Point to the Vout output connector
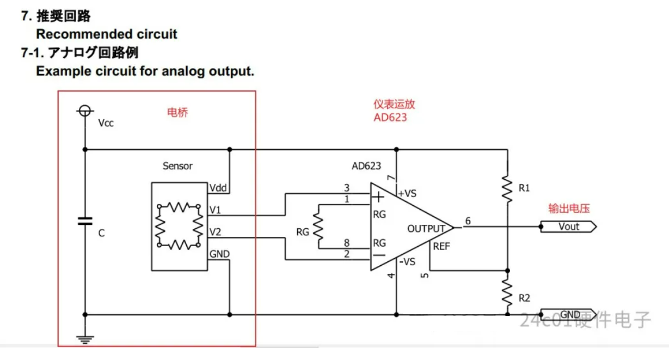pyautogui.click(x=568, y=227)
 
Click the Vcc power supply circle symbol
pyautogui.click(x=84, y=111)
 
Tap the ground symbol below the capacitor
pyautogui.click(x=84, y=339)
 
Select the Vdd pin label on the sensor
pyautogui.click(x=219, y=188)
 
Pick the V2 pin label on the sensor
pyautogui.click(x=216, y=233)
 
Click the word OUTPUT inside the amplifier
pyautogui.click(x=426, y=229)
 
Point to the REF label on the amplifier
pyautogui.click(x=441, y=246)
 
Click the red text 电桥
pyautogui.click(x=177, y=113)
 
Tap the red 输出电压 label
pyautogui.click(x=569, y=208)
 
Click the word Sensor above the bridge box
pyautogui.click(x=177, y=166)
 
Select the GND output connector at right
pyautogui.click(x=568, y=315)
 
